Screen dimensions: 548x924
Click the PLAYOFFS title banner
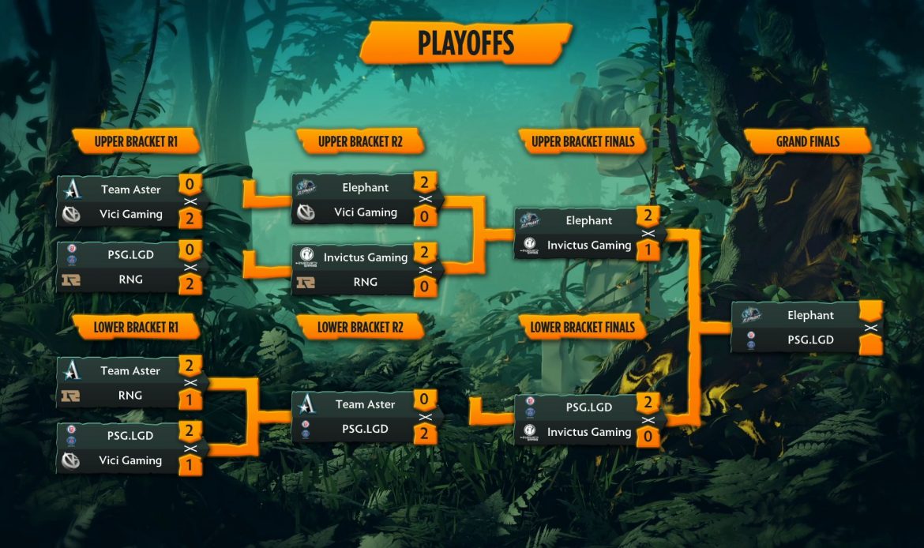pyautogui.click(x=465, y=43)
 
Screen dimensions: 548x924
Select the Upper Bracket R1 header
pyautogui.click(x=136, y=142)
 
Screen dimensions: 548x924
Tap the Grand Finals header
pyautogui.click(x=807, y=142)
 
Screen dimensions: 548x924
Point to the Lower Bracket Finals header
pyautogui.click(x=584, y=327)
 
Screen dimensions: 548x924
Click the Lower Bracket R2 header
pyautogui.click(x=359, y=327)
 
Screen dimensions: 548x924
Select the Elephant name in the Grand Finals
pyautogui.click(x=810, y=315)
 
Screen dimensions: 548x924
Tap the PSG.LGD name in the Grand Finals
pyautogui.click(x=810, y=340)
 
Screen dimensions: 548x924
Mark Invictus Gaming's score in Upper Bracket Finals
pyautogui.click(x=648, y=250)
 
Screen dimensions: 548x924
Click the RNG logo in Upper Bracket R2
pyautogui.click(x=306, y=282)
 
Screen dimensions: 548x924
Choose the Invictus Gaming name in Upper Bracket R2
pyautogui.click(x=365, y=257)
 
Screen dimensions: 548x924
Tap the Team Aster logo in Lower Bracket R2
pyautogui.click(x=306, y=404)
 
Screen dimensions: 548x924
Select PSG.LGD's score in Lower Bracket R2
pyautogui.click(x=425, y=434)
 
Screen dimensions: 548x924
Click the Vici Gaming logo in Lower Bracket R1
pyautogui.click(x=71, y=460)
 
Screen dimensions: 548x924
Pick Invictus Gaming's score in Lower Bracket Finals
pyautogui.click(x=648, y=437)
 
